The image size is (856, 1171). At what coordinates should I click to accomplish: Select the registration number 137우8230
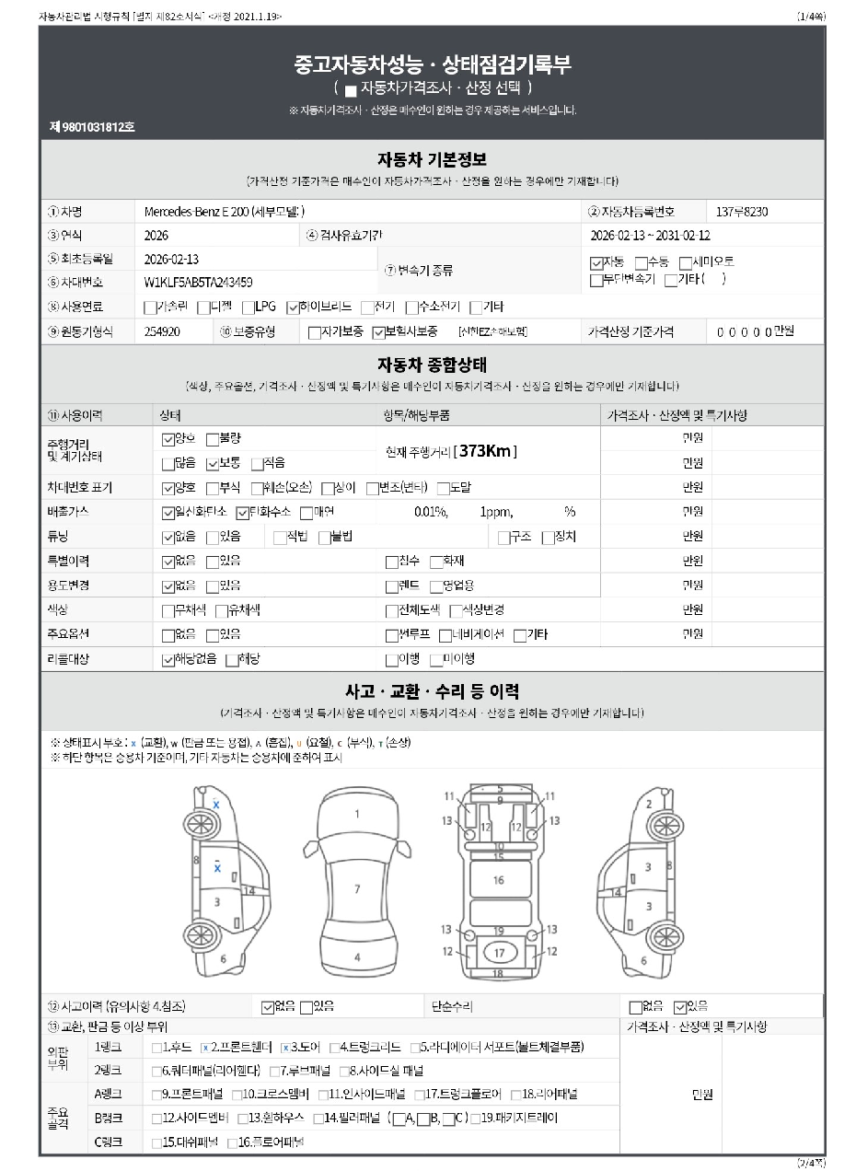pos(742,212)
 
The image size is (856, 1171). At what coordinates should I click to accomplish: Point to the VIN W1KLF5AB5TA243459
pos(198,282)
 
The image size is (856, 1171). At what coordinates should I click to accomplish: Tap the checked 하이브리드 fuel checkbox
pos(294,307)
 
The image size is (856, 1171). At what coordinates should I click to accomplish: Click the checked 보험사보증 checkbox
pos(378,331)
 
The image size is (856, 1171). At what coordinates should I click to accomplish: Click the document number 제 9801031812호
pos(92,127)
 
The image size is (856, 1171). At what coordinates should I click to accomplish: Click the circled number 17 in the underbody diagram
pos(498,951)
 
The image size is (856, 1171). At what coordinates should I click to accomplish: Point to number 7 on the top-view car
pos(357,888)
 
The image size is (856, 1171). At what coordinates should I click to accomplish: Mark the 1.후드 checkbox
pos(156,1047)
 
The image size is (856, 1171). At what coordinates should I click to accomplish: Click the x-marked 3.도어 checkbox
pos(285,1047)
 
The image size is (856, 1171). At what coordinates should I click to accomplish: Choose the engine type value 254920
pos(163,331)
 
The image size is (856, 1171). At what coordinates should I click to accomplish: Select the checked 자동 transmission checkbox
pos(596,262)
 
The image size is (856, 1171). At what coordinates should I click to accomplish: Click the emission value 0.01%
pos(431,512)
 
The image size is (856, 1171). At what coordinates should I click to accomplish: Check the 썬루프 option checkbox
pos(391,634)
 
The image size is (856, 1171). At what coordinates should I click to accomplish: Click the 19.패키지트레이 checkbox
pos(475,1119)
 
